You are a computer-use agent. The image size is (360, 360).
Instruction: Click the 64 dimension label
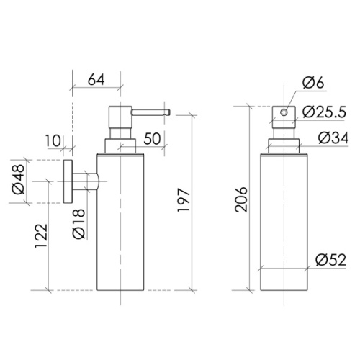pyautogui.click(x=96, y=80)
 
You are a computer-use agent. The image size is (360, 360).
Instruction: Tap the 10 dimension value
pyautogui.click(x=53, y=140)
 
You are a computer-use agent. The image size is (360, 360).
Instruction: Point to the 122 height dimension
pyautogui.click(x=41, y=236)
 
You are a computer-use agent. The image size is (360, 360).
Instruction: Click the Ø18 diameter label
pyautogui.click(x=79, y=224)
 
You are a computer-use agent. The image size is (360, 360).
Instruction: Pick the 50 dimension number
pyautogui.click(x=152, y=139)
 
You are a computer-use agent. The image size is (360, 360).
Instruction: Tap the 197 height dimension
pyautogui.click(x=184, y=200)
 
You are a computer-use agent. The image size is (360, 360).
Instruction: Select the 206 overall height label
pyautogui.click(x=241, y=199)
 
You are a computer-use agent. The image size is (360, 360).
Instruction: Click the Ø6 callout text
pyautogui.click(x=313, y=82)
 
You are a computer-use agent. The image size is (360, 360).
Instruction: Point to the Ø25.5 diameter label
pyautogui.click(x=324, y=112)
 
